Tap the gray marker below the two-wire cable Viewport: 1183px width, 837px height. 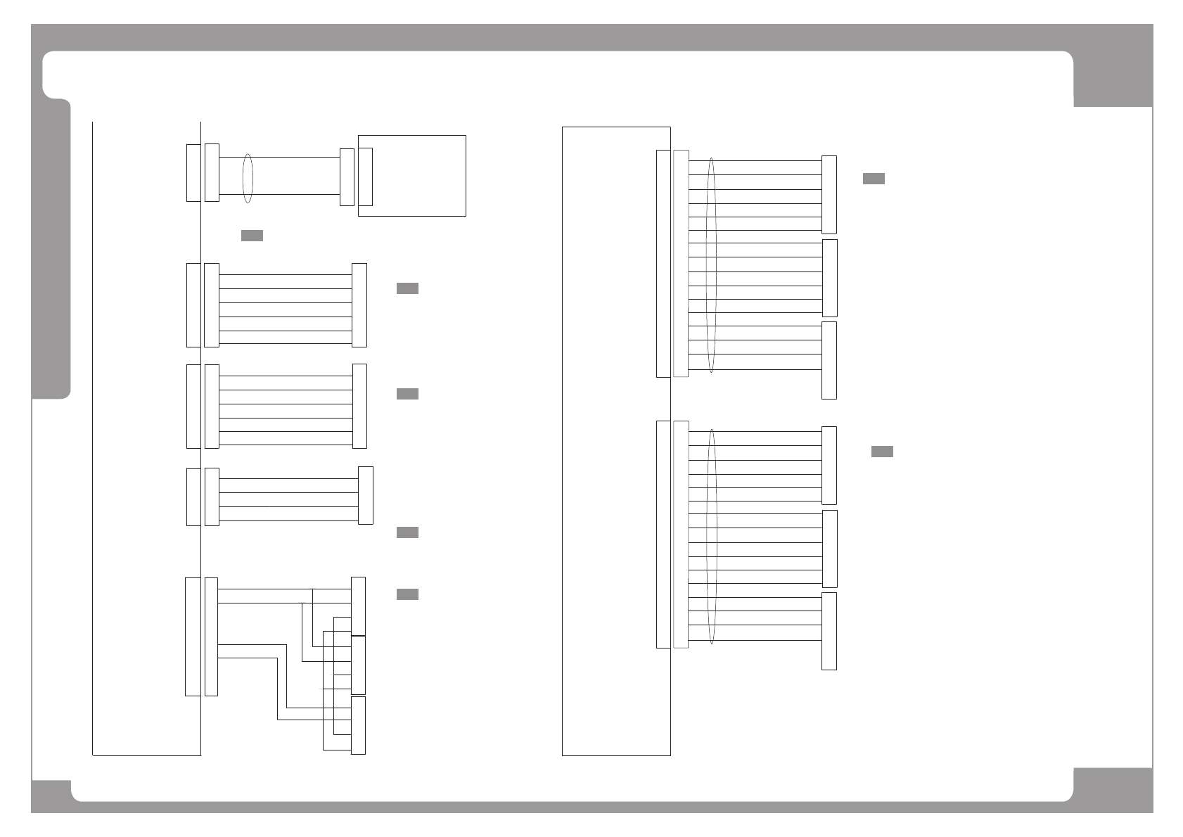[252, 235]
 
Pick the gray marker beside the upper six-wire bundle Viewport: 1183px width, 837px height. [407, 288]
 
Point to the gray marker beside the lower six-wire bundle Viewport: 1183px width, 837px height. [407, 394]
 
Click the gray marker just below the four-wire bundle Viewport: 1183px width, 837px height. [407, 532]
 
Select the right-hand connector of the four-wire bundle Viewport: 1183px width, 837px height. [366, 495]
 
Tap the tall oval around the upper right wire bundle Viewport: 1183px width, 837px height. [711, 265]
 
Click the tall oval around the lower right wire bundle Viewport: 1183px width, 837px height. [712, 536]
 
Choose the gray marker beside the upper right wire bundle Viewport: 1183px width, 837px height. [874, 179]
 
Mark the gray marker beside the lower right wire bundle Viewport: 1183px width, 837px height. [882, 452]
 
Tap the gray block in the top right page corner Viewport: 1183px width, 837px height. [1113, 79]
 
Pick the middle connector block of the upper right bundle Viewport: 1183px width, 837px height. [829, 278]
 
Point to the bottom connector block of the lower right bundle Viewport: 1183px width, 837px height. [829, 631]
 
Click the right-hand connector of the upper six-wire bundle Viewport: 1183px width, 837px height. [359, 305]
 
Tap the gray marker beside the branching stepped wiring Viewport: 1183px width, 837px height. [407, 594]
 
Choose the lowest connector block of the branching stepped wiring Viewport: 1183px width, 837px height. [358, 725]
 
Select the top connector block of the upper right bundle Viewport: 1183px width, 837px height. [829, 195]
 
